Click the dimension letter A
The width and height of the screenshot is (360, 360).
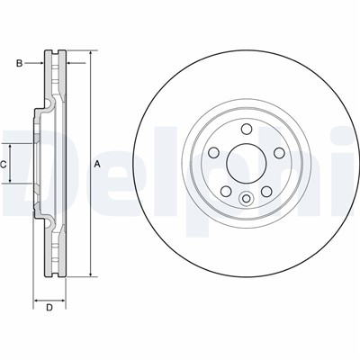[x=97, y=164]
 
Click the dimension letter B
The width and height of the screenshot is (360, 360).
[x=18, y=62]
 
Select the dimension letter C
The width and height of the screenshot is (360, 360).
[x=4, y=164]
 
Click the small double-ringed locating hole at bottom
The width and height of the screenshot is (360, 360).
[x=246, y=199]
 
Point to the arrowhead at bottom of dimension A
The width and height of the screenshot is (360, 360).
[x=91, y=271]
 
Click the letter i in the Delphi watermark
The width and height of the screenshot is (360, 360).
[x=351, y=162]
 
